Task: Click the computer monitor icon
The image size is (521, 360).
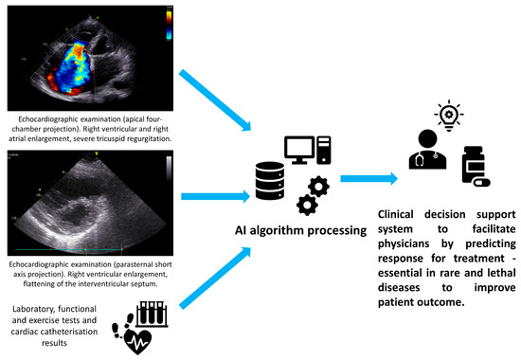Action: pos(301,150)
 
